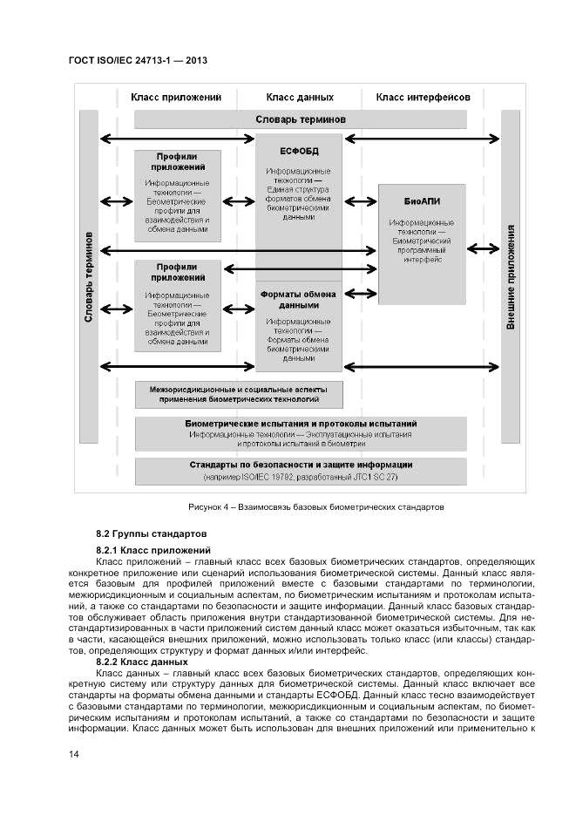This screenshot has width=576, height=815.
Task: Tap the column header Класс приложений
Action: (176, 98)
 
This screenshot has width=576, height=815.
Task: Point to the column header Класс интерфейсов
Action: (423, 98)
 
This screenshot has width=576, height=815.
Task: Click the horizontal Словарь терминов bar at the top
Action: (301, 119)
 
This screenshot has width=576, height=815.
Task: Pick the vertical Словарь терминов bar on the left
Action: (88, 276)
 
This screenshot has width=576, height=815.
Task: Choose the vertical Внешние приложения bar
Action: (512, 276)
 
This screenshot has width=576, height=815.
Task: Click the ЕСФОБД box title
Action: (299, 151)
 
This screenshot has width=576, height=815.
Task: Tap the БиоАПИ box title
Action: (423, 200)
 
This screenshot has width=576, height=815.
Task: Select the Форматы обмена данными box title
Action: (299, 300)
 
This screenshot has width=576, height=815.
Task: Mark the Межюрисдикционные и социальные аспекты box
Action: (238, 394)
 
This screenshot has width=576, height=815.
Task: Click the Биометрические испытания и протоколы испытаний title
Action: (301, 423)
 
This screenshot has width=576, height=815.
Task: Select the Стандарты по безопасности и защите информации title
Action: (301, 465)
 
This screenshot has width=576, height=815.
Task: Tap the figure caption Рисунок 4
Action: (316, 506)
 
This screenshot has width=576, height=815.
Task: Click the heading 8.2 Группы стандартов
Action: (150, 532)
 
